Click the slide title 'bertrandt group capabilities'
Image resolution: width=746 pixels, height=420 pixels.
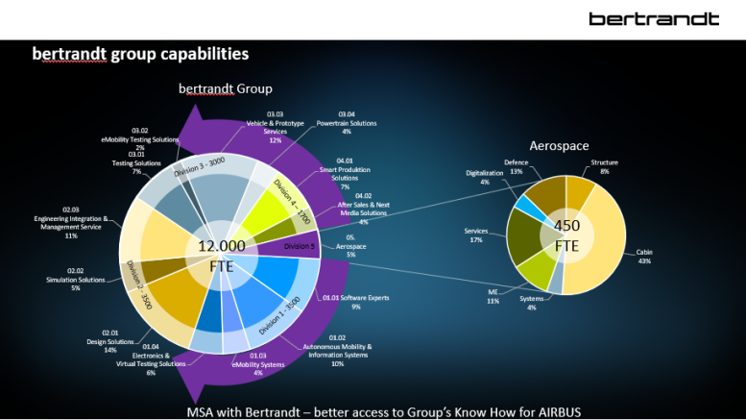pyautogui.click(x=140, y=55)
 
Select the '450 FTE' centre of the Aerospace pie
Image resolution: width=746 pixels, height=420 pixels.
pyautogui.click(x=566, y=235)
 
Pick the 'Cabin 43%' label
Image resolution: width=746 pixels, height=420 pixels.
pyautogui.click(x=643, y=257)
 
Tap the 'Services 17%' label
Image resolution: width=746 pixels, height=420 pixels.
pyautogui.click(x=476, y=235)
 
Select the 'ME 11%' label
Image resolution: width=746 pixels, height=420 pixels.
pyautogui.click(x=493, y=296)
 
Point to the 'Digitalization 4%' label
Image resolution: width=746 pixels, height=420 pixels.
pyautogui.click(x=484, y=177)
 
